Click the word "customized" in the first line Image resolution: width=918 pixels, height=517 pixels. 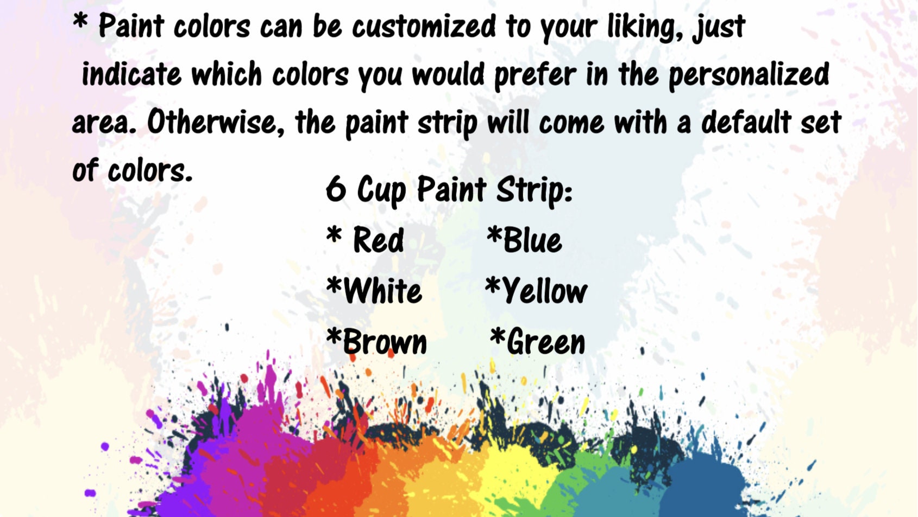[424, 26]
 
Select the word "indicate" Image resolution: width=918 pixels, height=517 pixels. [131, 74]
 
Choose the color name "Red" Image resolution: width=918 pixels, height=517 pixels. [379, 240]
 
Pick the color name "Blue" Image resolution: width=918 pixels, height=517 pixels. [532, 240]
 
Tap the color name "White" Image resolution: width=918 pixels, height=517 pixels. [383, 291]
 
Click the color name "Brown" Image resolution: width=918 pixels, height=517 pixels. [385, 342]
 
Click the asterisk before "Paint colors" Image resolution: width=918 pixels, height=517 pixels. [80, 22]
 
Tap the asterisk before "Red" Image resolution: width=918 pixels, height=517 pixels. [334, 235]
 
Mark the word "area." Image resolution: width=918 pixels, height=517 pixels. [104, 123]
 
